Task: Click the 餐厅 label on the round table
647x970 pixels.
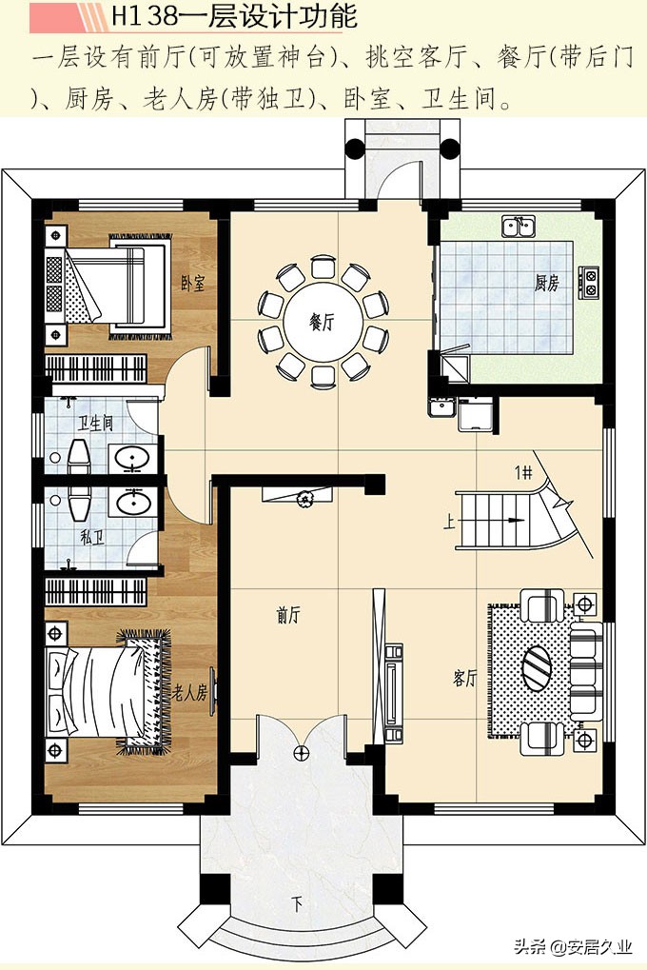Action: [x=322, y=322]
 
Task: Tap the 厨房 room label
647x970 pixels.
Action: [x=547, y=284]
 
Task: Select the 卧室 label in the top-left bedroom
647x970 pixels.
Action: [x=192, y=284]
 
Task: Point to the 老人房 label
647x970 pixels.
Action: [x=189, y=693]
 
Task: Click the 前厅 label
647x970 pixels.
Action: [x=288, y=615]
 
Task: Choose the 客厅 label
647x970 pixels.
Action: [x=464, y=678]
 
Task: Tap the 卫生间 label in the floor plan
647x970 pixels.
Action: [x=95, y=424]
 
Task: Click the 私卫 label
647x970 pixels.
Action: [x=91, y=538]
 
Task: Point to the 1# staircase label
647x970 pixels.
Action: [x=523, y=473]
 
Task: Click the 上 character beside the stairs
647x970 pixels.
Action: [x=449, y=522]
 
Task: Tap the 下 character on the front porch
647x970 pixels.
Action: [x=297, y=905]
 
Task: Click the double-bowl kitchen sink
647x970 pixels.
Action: [x=519, y=228]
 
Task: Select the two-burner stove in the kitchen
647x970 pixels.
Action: [x=589, y=282]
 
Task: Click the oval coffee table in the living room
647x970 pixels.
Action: [x=537, y=667]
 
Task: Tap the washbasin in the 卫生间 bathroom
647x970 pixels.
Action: [x=132, y=459]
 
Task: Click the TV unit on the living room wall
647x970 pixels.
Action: [x=392, y=693]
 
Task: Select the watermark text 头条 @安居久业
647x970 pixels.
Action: [x=573, y=946]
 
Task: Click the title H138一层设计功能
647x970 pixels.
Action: [x=234, y=16]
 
